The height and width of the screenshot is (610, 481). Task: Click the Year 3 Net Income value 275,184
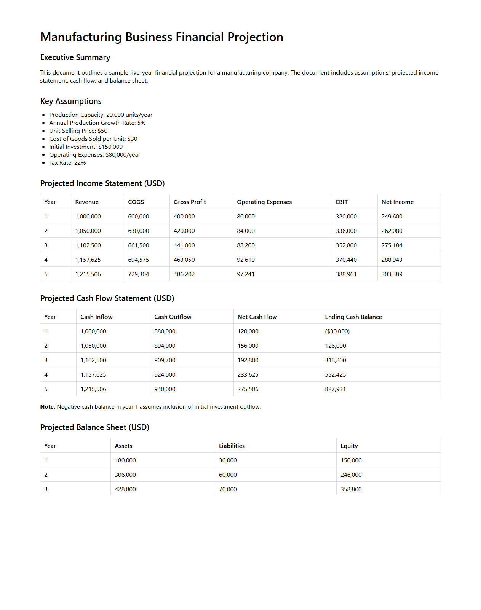tap(392, 245)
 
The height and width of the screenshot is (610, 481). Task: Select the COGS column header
tap(136, 202)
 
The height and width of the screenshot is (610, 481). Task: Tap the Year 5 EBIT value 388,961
tap(346, 274)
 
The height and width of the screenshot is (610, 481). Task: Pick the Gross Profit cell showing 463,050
tap(184, 260)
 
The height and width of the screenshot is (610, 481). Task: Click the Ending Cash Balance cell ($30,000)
tap(337, 331)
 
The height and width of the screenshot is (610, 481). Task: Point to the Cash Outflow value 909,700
tap(165, 360)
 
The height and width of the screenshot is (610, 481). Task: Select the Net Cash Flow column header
tap(257, 317)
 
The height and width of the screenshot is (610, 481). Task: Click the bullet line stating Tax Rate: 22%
tap(67, 162)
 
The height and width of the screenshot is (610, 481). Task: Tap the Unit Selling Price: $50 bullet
tap(78, 131)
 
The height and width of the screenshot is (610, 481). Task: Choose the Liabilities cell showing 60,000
tap(228, 475)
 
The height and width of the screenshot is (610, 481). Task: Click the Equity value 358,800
tap(351, 489)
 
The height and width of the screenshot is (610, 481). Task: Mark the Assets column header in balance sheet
tap(123, 446)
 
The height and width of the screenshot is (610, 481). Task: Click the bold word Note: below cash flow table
tap(48, 406)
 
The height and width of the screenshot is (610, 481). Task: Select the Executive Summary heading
tap(75, 57)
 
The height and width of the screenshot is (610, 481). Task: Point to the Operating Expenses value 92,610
tap(246, 260)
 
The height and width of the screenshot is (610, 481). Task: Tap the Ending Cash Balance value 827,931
tap(335, 389)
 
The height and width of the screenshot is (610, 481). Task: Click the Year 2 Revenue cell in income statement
tap(88, 231)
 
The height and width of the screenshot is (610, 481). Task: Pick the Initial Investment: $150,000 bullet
tap(86, 147)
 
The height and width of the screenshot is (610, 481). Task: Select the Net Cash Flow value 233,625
tap(248, 374)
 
